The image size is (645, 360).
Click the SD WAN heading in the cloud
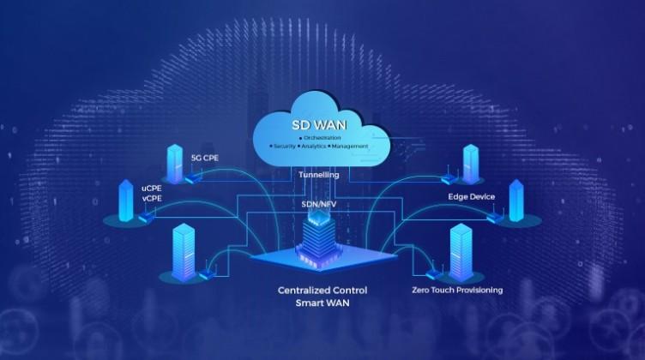coord(319,125)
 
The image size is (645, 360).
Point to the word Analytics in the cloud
coord(313,147)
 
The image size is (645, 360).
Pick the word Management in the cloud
coord(350,147)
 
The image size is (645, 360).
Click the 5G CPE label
coord(204,158)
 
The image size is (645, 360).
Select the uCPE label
coord(152,189)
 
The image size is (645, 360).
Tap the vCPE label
coord(152,199)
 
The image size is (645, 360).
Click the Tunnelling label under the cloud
coord(319,175)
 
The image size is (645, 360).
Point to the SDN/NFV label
coord(319,204)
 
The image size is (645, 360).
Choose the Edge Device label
coord(472,197)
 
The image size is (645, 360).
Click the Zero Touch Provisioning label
coord(457,290)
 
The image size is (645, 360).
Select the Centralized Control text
coord(322,291)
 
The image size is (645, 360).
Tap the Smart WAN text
coord(322,303)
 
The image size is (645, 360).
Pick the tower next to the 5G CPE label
coord(175,164)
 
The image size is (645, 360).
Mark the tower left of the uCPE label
coord(126,201)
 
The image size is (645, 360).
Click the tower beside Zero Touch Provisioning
coord(461,252)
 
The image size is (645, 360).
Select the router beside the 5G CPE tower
coord(192,178)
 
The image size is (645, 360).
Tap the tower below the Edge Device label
coord(516,201)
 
